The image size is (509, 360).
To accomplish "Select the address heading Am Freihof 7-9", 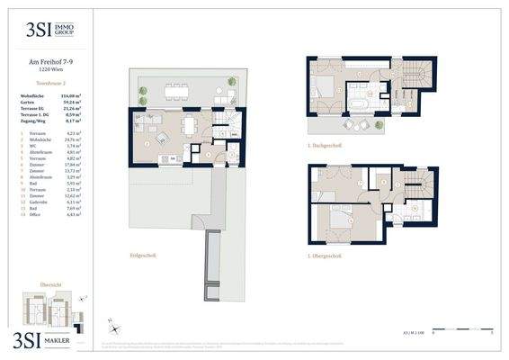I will [51, 62].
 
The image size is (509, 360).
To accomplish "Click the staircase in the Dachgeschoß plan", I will [417, 87].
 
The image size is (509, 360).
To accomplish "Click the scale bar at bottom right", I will [462, 332].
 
